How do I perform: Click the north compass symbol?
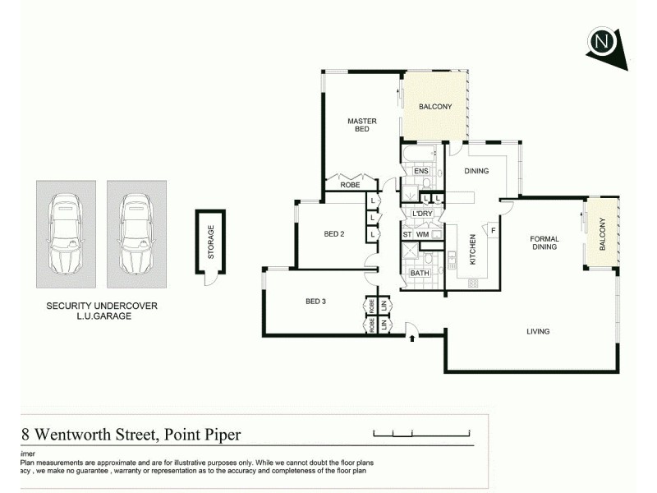coord(604,42)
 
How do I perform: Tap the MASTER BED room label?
coord(361,126)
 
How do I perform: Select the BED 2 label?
coord(333,234)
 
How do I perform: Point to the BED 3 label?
coord(316,302)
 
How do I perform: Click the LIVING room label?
coord(538,332)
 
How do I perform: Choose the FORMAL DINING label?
coord(544,242)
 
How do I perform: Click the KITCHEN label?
coord(472,249)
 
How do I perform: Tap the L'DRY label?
coord(422,214)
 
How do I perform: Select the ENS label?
coord(421,171)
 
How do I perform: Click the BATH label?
coord(420,273)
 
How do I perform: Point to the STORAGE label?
coord(210,242)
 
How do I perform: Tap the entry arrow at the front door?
coord(411,334)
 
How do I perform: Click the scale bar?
coord(420,433)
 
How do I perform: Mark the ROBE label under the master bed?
coord(351,186)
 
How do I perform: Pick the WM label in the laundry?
coord(422,235)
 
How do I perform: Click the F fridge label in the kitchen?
coord(493,230)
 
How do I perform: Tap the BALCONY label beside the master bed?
coord(435,107)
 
